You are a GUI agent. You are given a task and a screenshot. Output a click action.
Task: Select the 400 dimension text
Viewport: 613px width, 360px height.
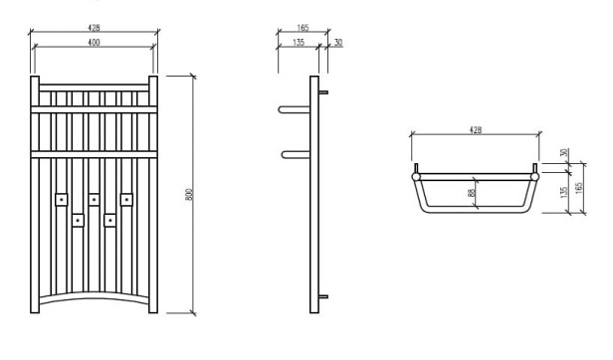[94, 44]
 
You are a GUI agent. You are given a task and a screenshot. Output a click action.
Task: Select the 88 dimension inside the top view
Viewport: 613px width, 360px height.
[472, 194]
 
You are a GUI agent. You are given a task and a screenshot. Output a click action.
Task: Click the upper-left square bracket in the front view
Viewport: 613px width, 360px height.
[61, 199]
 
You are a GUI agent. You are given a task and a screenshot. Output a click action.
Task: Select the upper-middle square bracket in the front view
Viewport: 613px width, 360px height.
[94, 199]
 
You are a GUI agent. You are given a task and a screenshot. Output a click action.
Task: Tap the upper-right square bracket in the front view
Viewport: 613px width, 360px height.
[126, 199]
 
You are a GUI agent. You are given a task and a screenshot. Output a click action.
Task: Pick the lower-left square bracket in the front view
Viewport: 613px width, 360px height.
[78, 219]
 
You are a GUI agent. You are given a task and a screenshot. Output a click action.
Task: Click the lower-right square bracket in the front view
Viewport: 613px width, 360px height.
[110, 219]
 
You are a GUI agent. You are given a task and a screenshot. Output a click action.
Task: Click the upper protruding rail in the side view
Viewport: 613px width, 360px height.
[295, 107]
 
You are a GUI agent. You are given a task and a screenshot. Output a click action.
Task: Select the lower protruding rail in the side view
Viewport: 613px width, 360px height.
[295, 153]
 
